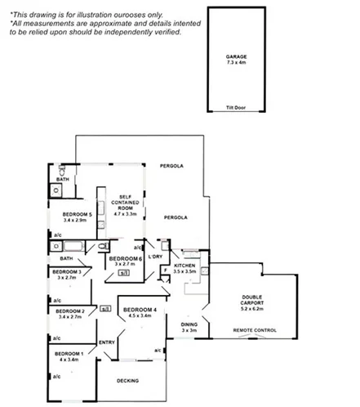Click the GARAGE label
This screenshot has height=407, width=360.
(x=236, y=56)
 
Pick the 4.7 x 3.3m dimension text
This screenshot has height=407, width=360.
(x=126, y=213)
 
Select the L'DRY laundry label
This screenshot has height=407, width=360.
(x=155, y=257)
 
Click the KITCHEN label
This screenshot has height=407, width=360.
(x=184, y=266)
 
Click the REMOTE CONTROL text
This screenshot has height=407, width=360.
(x=254, y=331)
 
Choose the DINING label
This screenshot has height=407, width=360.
(x=189, y=324)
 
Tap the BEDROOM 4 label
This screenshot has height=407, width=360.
(x=139, y=310)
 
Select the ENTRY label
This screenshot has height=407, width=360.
(x=106, y=342)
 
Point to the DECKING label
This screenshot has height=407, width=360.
(x=127, y=381)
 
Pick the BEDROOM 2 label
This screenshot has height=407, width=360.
(x=71, y=311)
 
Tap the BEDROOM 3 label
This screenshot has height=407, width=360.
(x=66, y=271)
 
